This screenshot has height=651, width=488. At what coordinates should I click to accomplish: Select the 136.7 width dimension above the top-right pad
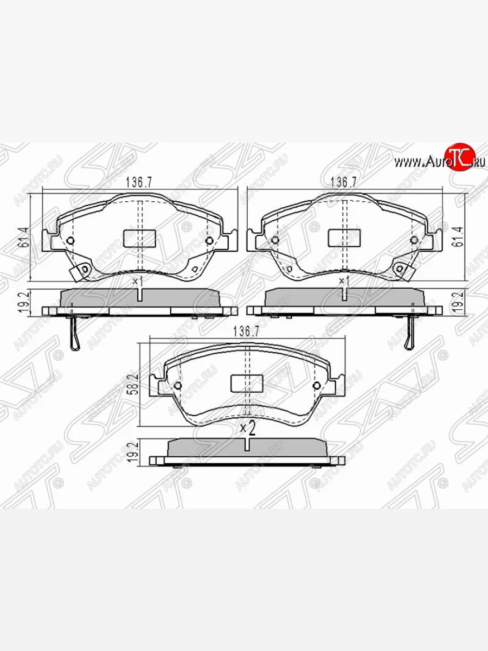click(x=344, y=183)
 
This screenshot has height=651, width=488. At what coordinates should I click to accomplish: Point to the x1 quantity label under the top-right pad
click(x=343, y=281)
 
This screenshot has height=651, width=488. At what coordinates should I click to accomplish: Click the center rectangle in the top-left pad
click(x=140, y=237)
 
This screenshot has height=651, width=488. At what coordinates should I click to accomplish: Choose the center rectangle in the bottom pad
click(x=247, y=383)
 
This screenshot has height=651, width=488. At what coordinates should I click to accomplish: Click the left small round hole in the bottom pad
click(x=178, y=386)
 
